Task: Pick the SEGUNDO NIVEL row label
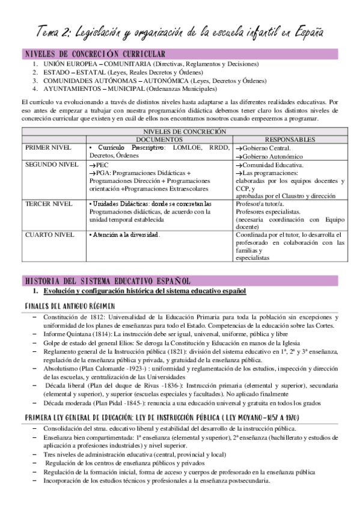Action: coord(52,164)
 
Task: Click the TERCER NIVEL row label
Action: coord(48,204)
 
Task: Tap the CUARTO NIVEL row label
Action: coord(49,234)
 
